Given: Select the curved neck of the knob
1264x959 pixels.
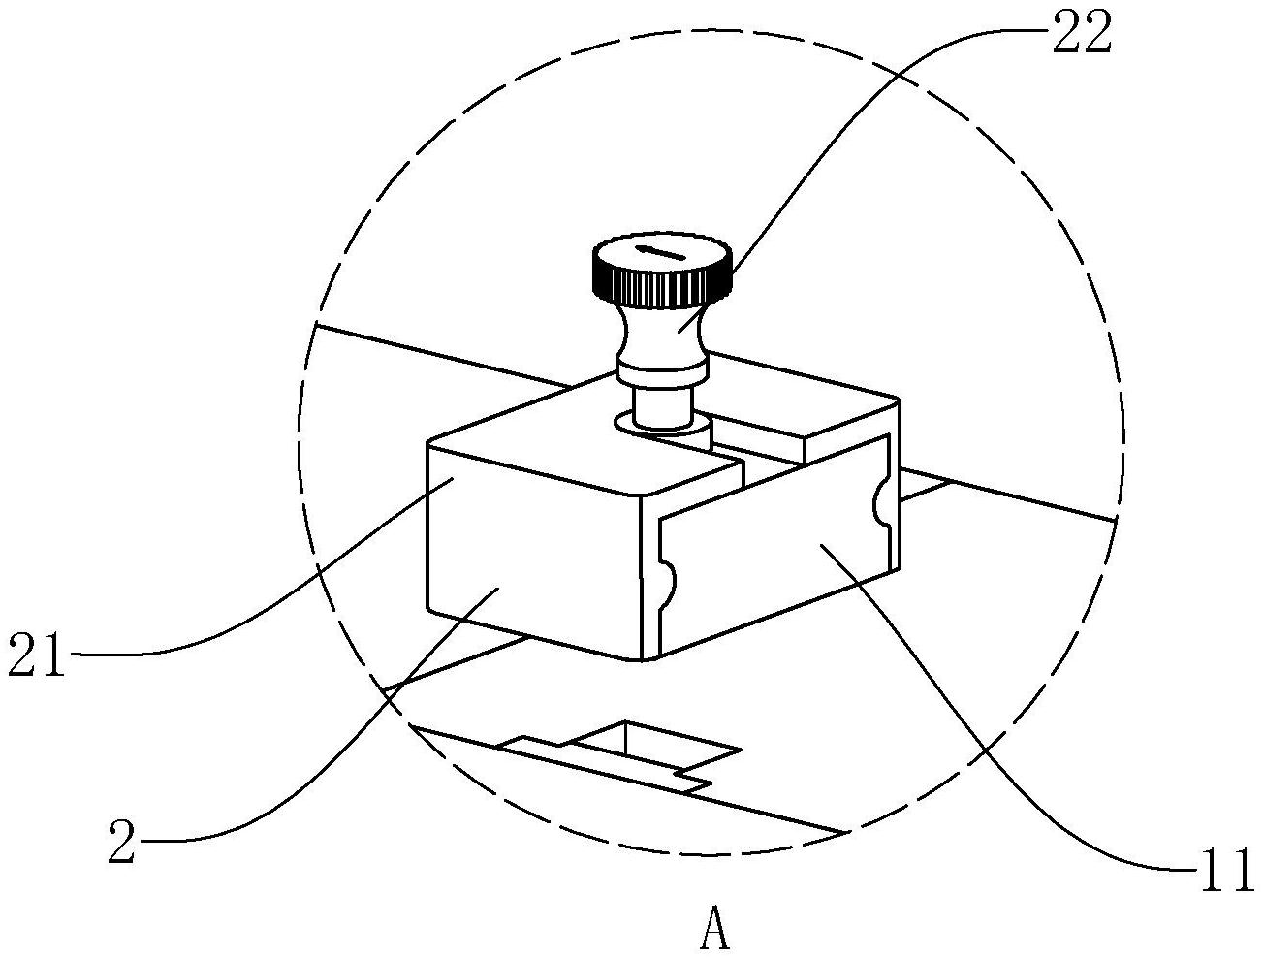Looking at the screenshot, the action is pyautogui.click(x=661, y=333).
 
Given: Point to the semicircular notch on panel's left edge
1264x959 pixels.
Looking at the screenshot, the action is pyautogui.click(x=665, y=581).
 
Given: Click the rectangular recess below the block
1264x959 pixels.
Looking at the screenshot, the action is pyautogui.click(x=630, y=742).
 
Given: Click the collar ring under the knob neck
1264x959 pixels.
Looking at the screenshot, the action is pyautogui.click(x=661, y=369).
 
